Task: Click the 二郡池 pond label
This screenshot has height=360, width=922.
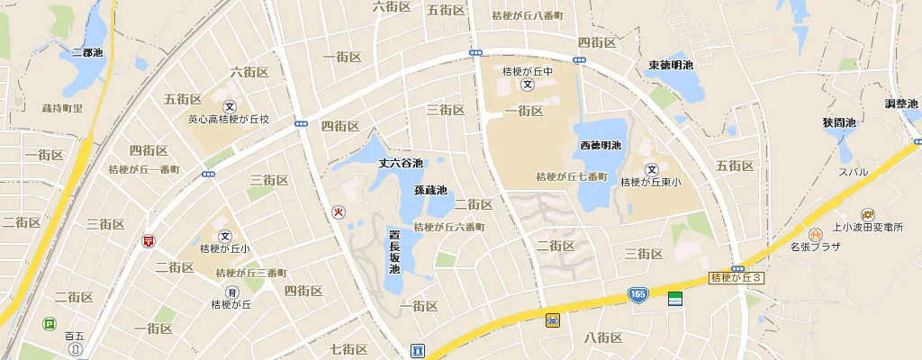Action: point(87,53)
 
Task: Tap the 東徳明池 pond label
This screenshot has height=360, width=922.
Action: point(671,66)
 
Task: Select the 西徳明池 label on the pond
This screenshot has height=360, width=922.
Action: point(601,146)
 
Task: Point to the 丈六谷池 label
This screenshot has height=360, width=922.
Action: point(401,163)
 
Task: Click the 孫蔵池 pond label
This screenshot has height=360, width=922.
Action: point(430,190)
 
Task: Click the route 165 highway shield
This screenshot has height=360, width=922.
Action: point(637,294)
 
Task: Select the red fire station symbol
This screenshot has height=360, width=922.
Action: point(339,212)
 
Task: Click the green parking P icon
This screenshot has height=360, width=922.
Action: point(49,323)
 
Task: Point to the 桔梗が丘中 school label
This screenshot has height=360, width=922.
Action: point(528,71)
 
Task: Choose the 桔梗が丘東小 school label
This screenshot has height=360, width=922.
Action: point(651,182)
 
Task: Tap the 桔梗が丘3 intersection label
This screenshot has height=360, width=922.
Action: point(736,278)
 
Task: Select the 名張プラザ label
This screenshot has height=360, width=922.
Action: point(815,246)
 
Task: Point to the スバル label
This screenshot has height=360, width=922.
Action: point(854,172)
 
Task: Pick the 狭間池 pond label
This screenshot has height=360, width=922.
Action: point(838,121)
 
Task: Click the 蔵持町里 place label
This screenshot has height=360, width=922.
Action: point(62,108)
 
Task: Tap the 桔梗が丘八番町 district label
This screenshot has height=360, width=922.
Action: point(528,15)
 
